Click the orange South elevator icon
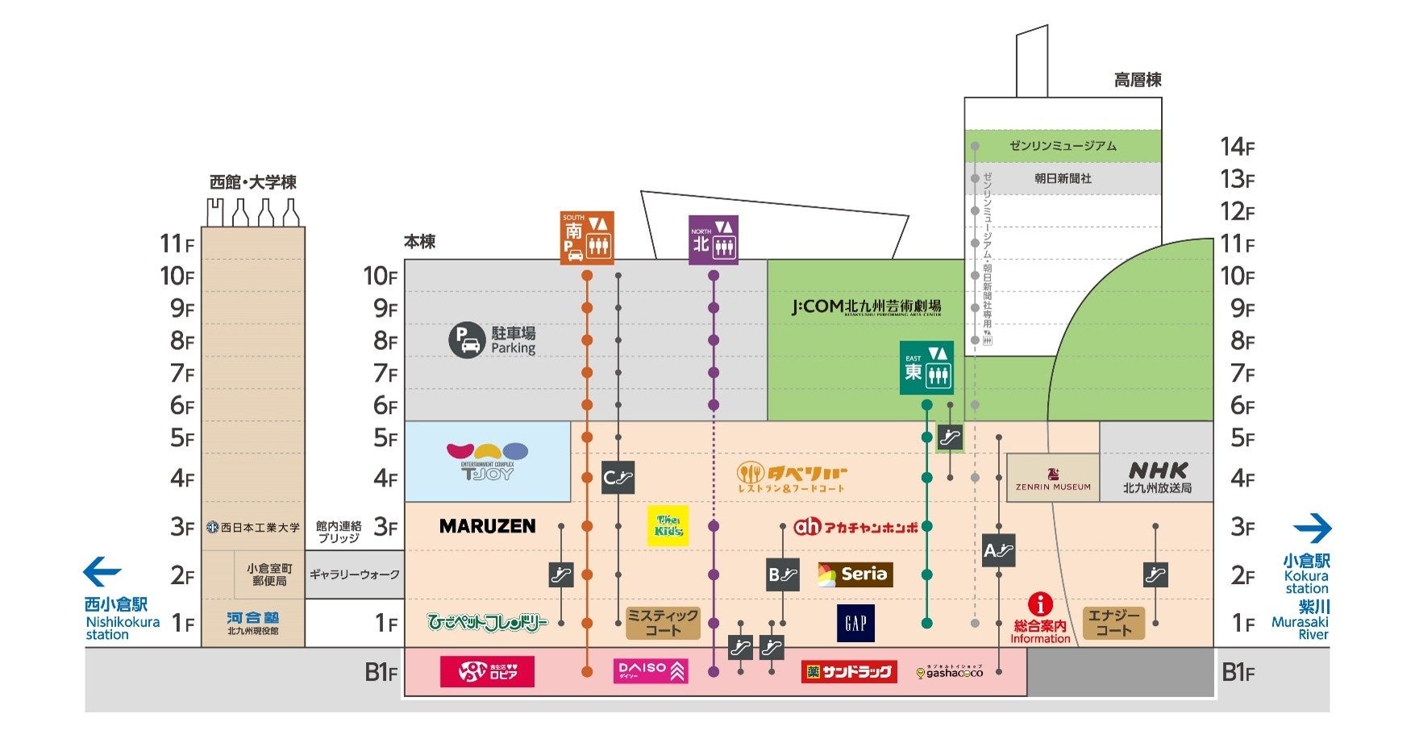pos(587,238)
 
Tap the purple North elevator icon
pos(714,240)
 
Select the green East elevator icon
pos(926,368)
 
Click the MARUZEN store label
pos(487,526)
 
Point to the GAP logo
pos(855,623)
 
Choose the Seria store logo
pos(855,574)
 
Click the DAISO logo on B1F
pos(650,670)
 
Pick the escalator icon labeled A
pos(998,550)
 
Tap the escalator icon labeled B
pos(782,574)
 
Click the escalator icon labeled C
pos(618,478)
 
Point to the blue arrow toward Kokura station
pos(1312,528)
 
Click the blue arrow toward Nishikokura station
pos(102,572)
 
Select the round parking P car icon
pos(467,340)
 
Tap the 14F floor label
pos(1237,147)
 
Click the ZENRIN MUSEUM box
pos(1052,478)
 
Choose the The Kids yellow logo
pos(668,526)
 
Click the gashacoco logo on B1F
pos(950,671)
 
